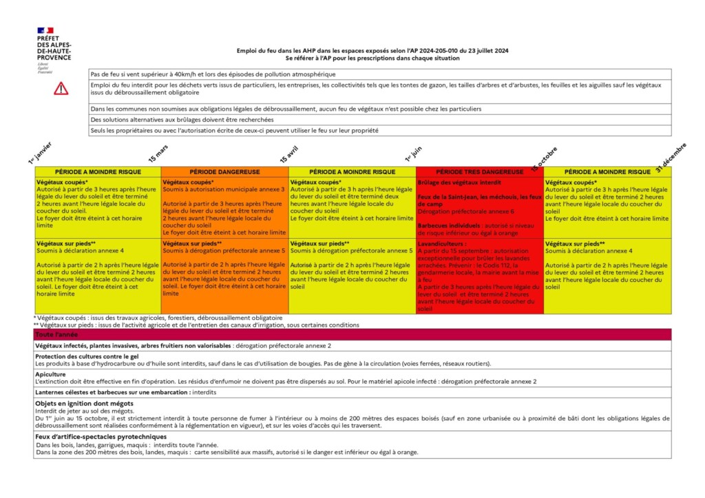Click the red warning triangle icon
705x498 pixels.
tap(61, 88)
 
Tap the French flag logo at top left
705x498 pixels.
tap(45, 30)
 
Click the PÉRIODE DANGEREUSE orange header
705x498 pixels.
tap(224, 171)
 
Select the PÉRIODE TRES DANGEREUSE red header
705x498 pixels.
tap(479, 171)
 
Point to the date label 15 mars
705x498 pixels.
tap(158, 153)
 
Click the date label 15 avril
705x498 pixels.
tap(288, 154)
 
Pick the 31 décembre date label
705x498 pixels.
tap(671, 157)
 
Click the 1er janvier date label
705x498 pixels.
tap(39, 153)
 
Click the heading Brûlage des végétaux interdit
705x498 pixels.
tap(449, 182)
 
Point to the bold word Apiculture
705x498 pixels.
tap(50, 375)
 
